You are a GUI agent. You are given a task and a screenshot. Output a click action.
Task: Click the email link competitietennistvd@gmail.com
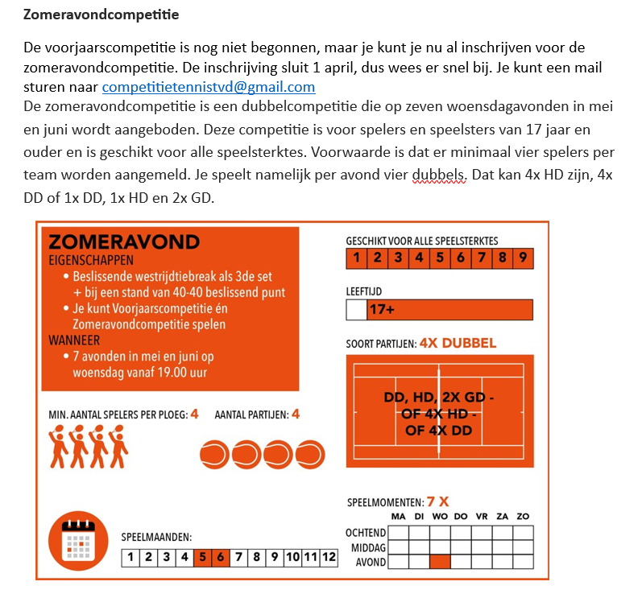pyautogui.click(x=209, y=87)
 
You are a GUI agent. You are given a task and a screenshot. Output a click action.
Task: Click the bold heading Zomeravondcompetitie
pyautogui.click(x=101, y=14)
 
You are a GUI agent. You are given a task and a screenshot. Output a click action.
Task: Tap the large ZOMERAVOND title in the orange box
pyautogui.click(x=124, y=242)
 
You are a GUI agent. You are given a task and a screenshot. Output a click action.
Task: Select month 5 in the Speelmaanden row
pyautogui.click(x=202, y=557)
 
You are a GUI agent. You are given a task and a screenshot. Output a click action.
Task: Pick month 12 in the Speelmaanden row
pyautogui.click(x=328, y=557)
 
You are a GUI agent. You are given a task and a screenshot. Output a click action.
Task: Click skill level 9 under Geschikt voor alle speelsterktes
pyautogui.click(x=523, y=258)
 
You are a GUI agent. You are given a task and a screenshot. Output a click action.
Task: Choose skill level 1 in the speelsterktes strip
pyautogui.click(x=355, y=258)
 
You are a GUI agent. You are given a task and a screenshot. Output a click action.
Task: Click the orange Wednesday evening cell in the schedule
pyautogui.click(x=440, y=561)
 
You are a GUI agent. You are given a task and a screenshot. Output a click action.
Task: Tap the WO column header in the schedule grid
pyautogui.click(x=440, y=516)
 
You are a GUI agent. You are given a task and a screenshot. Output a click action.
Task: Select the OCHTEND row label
pyautogui.click(x=366, y=533)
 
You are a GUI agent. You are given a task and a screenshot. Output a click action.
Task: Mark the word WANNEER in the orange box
pyautogui.click(x=74, y=340)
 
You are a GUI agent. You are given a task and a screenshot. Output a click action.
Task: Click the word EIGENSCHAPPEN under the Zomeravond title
pyautogui.click(x=91, y=260)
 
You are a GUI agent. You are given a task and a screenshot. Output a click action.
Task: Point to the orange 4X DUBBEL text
pyautogui.click(x=458, y=343)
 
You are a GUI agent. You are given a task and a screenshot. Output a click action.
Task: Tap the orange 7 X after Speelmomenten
pyautogui.click(x=438, y=501)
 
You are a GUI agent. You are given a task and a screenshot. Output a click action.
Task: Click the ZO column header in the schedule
pyautogui.click(x=523, y=516)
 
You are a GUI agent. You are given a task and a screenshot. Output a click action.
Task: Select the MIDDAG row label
pyautogui.click(x=367, y=547)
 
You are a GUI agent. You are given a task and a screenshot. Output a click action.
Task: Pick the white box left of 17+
pyautogui.click(x=355, y=310)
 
